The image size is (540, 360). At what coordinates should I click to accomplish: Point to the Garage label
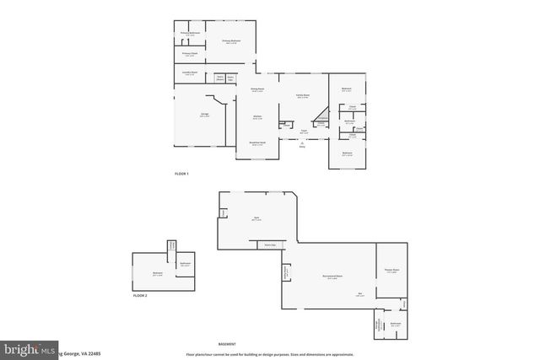tap(205, 114)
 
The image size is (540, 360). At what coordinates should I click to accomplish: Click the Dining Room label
tap(257, 89)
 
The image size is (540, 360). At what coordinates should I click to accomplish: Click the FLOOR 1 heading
tap(182, 173)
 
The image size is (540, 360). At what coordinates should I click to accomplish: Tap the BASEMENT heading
tap(226, 344)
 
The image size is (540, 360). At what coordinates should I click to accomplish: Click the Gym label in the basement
tap(256, 218)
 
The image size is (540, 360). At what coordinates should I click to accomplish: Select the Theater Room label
tap(390, 270)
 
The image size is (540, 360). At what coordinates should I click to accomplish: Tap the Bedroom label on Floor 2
tap(157, 272)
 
